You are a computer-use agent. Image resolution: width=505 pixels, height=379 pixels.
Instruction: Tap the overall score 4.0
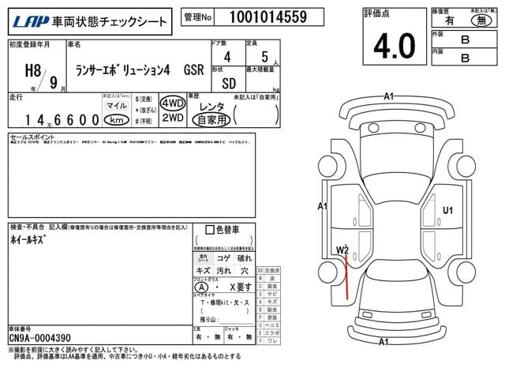pyautogui.click(x=394, y=47)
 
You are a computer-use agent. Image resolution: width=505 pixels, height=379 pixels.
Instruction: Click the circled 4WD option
pyautogui.click(x=172, y=104)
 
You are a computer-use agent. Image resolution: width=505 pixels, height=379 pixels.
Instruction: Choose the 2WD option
pyautogui.click(x=172, y=118)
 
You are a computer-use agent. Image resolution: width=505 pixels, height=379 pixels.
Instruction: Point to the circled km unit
pyautogui.click(x=115, y=120)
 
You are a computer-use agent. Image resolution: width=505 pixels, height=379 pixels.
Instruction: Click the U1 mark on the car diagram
pyautogui.click(x=448, y=210)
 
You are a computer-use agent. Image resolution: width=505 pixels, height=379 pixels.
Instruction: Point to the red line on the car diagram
pyautogui.click(x=346, y=276)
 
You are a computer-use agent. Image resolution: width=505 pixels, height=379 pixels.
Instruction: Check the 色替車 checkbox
pyautogui.click(x=210, y=230)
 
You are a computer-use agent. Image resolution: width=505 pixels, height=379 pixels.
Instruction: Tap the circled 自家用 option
pyautogui.click(x=211, y=120)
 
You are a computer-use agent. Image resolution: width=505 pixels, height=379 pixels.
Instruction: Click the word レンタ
pyautogui.click(x=211, y=105)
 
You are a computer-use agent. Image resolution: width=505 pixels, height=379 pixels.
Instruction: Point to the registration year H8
pyautogui.click(x=24, y=66)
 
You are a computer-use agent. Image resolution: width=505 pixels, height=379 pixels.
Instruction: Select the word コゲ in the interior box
pyautogui.click(x=224, y=257)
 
